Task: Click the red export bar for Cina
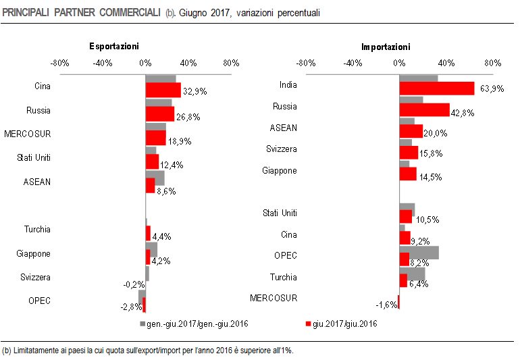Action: click(x=163, y=90)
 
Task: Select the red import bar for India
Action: click(x=436, y=88)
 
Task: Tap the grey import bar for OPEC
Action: click(x=419, y=252)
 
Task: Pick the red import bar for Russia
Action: click(x=424, y=110)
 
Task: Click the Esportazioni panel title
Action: click(x=114, y=47)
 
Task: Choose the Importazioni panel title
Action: click(x=386, y=47)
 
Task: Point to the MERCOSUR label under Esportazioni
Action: click(x=27, y=134)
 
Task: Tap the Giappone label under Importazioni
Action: click(x=280, y=170)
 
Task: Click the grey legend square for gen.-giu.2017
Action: click(x=142, y=324)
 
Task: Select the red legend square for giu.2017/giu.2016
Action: click(x=309, y=324)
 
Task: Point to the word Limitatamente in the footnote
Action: click(x=38, y=351)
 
